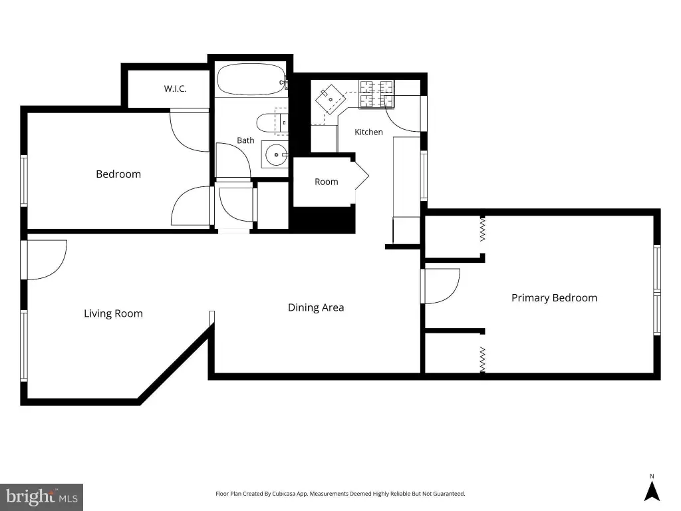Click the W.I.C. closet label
point(175,88)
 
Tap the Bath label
point(245,140)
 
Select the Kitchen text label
point(368,132)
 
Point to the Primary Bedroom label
point(554,297)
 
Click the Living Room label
point(113,313)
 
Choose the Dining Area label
point(316,307)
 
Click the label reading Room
point(326,182)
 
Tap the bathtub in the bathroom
point(251,80)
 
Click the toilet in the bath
point(271,123)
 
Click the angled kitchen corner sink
point(330,100)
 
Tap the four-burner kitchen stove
point(376,94)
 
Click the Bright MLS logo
point(42,497)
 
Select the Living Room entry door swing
point(47,260)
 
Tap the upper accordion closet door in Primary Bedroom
point(481,229)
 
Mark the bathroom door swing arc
point(233,160)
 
